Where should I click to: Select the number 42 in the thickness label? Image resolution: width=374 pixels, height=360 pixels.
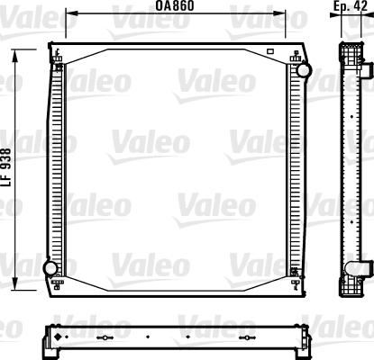click(361, 6)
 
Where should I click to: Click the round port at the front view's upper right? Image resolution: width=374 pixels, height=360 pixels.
click(304, 69)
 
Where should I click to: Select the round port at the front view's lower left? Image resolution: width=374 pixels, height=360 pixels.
click(51, 267)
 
